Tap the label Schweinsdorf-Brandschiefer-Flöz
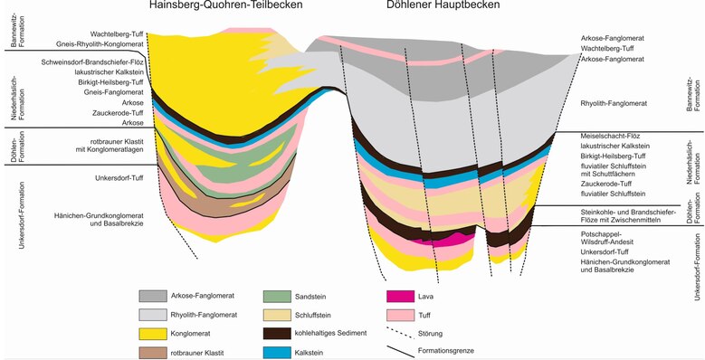coord(89,62)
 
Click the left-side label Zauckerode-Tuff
coord(114,112)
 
